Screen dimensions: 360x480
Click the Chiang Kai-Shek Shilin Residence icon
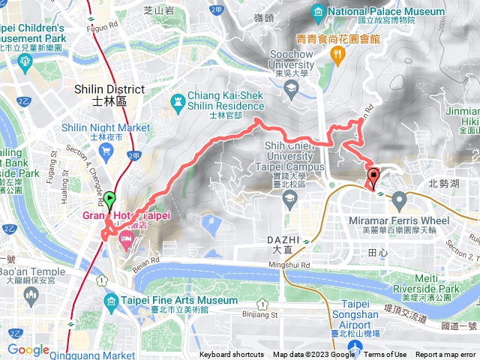(x=178, y=100)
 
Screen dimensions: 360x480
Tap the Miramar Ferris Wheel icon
(x=399, y=199)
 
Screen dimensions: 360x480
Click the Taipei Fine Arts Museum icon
(x=109, y=302)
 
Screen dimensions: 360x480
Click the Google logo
(x=28, y=349)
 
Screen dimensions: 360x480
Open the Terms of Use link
(x=385, y=355)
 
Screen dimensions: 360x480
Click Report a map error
(x=446, y=355)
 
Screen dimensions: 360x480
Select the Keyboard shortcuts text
(x=232, y=355)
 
